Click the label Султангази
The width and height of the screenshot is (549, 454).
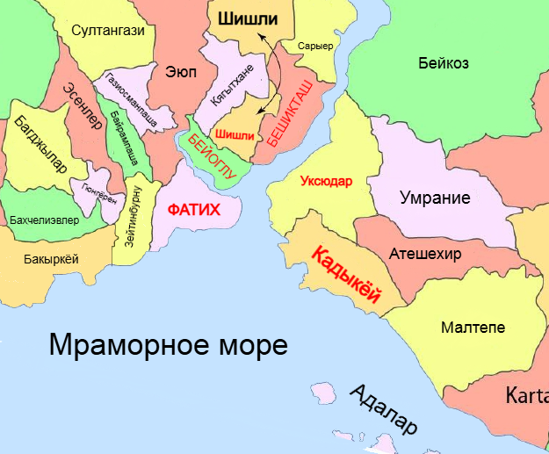tap(109, 31)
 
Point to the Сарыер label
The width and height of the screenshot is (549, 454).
tap(315, 46)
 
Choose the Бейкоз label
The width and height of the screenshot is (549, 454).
tap(443, 63)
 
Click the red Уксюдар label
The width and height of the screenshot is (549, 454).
tap(325, 183)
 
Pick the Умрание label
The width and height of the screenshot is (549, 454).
tap(435, 198)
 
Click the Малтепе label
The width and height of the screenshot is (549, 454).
tap(473, 327)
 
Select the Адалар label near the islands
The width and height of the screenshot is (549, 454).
tap(384, 409)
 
